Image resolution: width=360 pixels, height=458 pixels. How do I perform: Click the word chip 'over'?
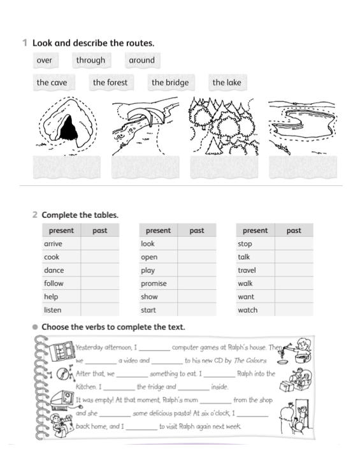click(x=45, y=61)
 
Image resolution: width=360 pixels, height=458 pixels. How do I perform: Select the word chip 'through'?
click(x=90, y=61)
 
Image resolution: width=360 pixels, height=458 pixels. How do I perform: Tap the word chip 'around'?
click(x=141, y=61)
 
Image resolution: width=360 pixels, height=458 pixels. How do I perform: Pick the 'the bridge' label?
click(x=170, y=82)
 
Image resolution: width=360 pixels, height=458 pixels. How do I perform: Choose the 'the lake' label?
click(x=227, y=82)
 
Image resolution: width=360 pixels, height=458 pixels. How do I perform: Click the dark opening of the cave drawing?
click(x=68, y=131)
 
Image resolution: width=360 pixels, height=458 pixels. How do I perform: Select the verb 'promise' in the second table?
click(x=154, y=283)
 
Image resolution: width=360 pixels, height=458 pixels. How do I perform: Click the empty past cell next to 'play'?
click(x=197, y=270)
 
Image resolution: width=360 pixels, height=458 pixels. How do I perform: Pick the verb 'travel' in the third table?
click(x=247, y=270)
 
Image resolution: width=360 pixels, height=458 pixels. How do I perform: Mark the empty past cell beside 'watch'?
click(x=294, y=310)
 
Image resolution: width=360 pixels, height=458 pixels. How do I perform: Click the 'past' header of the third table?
click(x=294, y=231)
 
